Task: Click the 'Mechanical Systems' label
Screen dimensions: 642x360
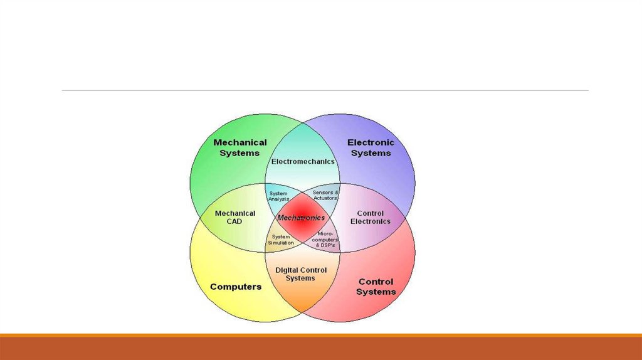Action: point(239,147)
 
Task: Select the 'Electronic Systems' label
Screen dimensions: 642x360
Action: point(371,147)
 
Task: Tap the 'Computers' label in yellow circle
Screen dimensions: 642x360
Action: point(236,287)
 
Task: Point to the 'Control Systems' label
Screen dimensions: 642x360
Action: point(376,287)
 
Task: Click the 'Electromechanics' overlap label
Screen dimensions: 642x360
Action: point(302,162)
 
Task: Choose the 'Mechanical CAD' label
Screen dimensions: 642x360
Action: point(235,217)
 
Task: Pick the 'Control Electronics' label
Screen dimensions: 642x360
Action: point(370,217)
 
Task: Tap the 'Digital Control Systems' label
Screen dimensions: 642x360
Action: point(301,274)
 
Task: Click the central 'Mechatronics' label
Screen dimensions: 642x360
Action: point(302,218)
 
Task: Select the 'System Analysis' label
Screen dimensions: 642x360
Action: point(278,196)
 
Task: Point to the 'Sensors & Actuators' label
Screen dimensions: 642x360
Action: point(325,195)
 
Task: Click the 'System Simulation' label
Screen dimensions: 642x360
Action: point(280,239)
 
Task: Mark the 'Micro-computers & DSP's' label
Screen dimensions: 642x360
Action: point(327,239)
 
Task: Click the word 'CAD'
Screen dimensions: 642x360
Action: point(235,221)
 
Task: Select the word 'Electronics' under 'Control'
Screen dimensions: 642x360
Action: point(370,221)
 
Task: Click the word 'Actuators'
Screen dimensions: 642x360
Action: point(325,198)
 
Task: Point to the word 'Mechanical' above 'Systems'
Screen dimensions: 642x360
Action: point(239,142)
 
